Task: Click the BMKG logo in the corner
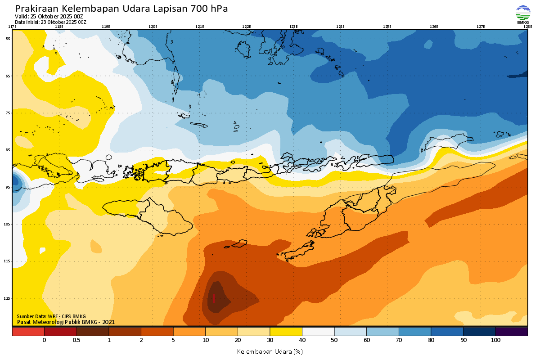(523, 14)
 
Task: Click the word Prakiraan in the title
(36, 9)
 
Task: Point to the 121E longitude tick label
(200, 27)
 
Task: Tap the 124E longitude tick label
(340, 27)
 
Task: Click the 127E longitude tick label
(481, 27)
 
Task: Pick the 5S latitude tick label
(8, 39)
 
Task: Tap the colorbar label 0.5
(76, 341)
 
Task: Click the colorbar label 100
(495, 341)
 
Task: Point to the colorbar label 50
(334, 341)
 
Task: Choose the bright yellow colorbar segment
(286, 332)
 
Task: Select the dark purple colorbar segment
(511, 332)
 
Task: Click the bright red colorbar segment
(28, 332)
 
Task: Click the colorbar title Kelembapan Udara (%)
(270, 351)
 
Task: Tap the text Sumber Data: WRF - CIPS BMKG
(51, 316)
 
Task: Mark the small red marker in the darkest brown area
(214, 298)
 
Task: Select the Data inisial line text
(50, 22)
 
